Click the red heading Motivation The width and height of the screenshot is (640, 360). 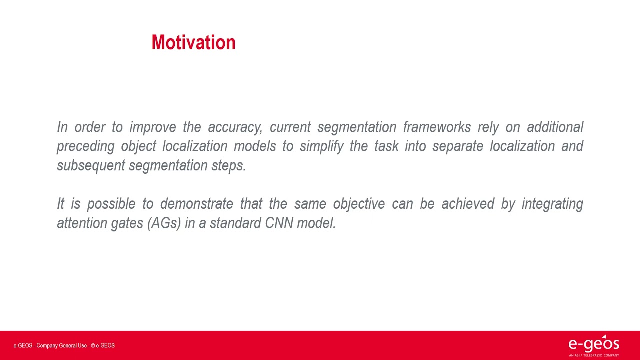pos(193,42)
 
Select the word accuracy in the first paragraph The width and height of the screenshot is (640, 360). pos(235,127)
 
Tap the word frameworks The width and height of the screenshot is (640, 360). pos(437,127)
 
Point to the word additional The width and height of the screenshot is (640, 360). pos(555,127)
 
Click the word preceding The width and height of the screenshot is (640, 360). pos(85,147)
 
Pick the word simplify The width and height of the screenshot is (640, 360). pos(321,147)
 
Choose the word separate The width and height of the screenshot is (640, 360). pos(458,147)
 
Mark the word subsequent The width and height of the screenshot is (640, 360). pos(91,166)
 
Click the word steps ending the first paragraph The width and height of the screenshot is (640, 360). pos(228,166)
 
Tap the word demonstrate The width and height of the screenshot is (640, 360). pos(197,204)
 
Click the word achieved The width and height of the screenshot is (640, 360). pos(468,204)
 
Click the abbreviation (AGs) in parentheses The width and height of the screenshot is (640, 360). pos(164,223)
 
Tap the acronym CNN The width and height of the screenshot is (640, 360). pos(279,223)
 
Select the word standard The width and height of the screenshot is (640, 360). pos(235,223)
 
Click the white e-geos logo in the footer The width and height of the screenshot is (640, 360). pos(594,345)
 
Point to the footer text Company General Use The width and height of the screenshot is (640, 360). pos(61,345)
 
